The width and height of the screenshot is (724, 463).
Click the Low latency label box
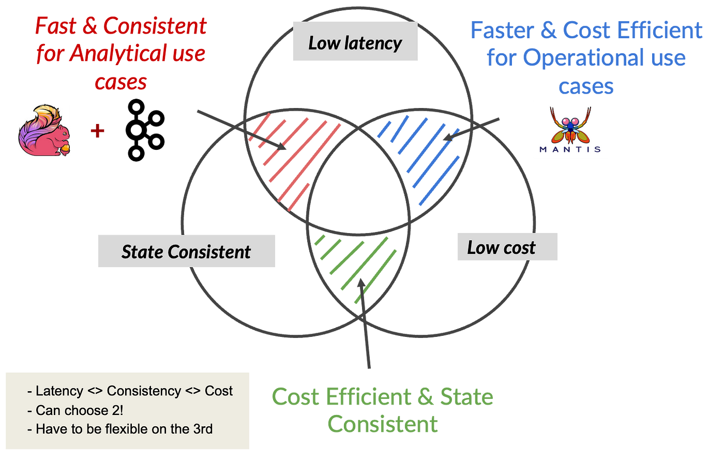tap(355, 43)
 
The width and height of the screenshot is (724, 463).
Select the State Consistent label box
tap(186, 252)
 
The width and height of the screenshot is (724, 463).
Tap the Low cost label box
tap(507, 248)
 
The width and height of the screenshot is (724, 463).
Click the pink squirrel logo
tap(44, 130)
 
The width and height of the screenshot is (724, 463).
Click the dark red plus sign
tap(97, 131)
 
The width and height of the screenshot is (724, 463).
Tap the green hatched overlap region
tap(357, 264)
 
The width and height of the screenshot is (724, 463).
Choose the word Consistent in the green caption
tap(383, 425)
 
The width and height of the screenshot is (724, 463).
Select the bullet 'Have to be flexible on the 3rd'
tap(124, 429)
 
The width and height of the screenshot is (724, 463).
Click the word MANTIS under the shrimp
tap(570, 149)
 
